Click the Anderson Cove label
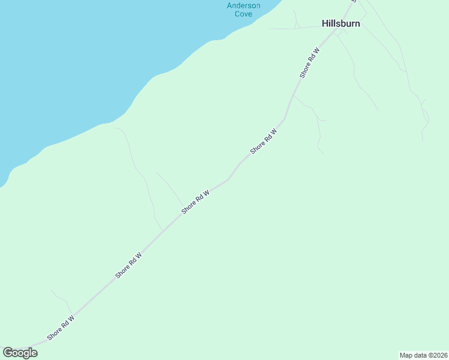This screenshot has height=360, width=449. click(244, 10)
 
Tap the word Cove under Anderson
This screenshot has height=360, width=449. click(244, 14)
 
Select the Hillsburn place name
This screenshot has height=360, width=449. click(341, 24)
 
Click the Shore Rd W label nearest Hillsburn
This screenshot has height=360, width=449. click(309, 62)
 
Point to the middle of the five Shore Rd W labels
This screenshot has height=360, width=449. click(196, 202)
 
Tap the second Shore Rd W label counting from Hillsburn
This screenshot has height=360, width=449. click(264, 141)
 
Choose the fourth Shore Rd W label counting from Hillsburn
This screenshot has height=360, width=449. click(128, 265)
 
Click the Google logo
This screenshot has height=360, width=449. click(20, 353)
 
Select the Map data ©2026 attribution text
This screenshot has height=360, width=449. click(423, 355)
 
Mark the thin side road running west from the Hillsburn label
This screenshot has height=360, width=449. click(294, 28)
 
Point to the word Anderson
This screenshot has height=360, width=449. click(244, 5)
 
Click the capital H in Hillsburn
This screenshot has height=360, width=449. click(325, 24)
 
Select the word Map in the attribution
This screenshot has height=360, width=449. click(406, 355)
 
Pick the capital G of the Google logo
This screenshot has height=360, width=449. click(8, 353)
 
